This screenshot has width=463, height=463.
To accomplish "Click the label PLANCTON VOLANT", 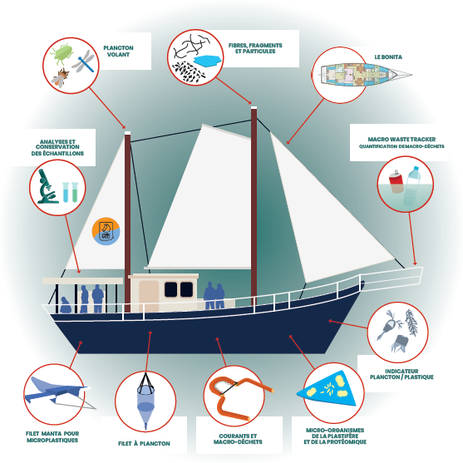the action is (118, 51).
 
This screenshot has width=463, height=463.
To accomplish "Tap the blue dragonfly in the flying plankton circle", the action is (84, 62).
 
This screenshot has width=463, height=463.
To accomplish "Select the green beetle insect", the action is (62, 54).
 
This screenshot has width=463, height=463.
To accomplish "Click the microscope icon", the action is (47, 187).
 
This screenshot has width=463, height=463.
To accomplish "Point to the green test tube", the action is (75, 192).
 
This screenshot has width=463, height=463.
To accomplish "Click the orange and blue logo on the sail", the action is (106, 231).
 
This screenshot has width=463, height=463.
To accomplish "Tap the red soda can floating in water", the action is (397, 181).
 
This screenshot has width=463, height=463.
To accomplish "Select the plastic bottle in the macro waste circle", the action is (412, 186).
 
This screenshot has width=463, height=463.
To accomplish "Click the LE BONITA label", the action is (388, 57).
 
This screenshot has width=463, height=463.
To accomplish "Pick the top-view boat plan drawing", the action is (366, 75).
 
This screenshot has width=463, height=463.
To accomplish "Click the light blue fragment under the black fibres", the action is (208, 62).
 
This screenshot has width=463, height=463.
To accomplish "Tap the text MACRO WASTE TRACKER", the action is (401, 139).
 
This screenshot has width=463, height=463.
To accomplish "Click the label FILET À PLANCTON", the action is (144, 443).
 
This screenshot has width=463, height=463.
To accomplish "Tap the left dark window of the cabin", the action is (170, 289).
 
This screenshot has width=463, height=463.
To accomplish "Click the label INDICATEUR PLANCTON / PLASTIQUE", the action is (401, 374).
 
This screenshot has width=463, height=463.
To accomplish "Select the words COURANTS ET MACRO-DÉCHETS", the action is (238, 439).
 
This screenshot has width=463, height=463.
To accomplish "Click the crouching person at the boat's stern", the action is (66, 305).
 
